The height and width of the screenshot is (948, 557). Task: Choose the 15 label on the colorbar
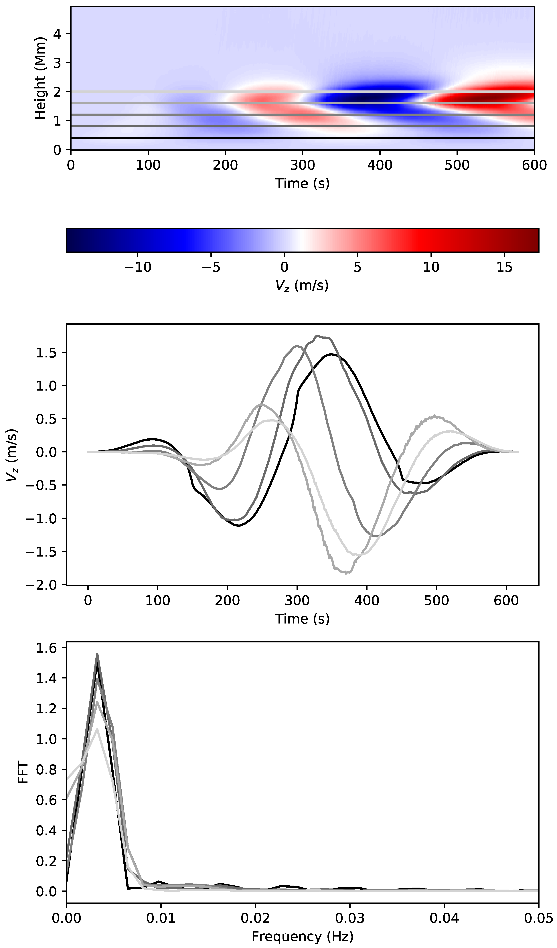pos(504,267)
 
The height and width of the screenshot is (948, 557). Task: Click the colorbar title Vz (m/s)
pos(302,286)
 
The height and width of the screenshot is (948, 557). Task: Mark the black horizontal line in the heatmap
pos(301,138)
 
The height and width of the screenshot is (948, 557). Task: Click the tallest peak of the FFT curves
pos(97,654)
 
